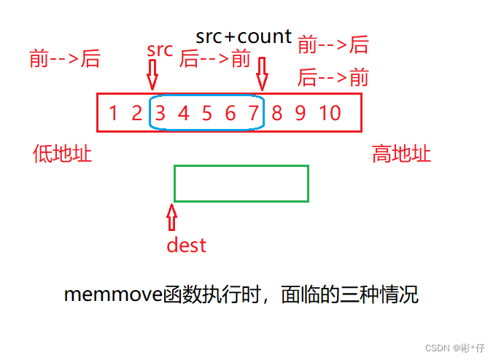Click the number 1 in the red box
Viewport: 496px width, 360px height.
click(113, 113)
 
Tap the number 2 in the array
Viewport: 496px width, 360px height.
click(136, 113)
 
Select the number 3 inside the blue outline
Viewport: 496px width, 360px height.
click(160, 113)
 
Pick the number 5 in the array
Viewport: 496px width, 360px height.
click(207, 113)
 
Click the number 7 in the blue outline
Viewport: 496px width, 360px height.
click(253, 113)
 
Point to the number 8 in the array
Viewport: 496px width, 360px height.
click(276, 113)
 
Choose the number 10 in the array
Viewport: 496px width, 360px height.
click(330, 113)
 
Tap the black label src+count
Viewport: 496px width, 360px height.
click(244, 36)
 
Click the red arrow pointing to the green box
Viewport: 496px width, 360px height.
click(171, 217)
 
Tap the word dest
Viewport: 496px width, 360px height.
click(186, 245)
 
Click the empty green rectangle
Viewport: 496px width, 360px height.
click(241, 183)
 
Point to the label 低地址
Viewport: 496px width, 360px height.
click(63, 154)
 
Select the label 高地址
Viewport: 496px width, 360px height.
click(401, 154)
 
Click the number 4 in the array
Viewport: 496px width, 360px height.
click(183, 113)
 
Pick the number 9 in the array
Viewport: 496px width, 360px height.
click(300, 113)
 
